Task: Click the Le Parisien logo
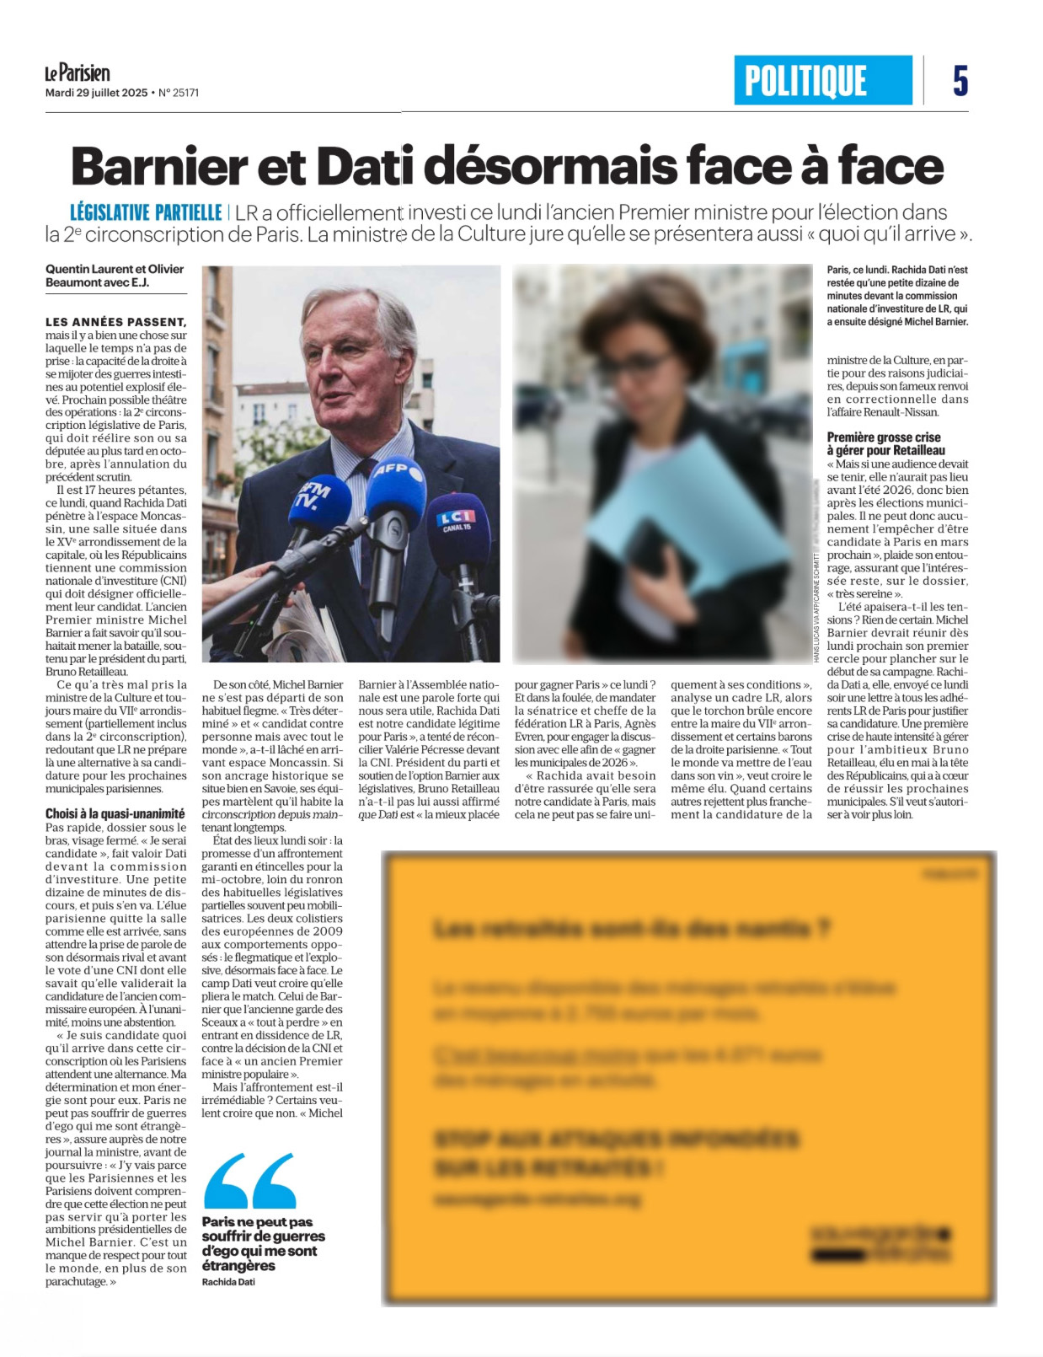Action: click(77, 73)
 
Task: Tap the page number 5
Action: click(960, 81)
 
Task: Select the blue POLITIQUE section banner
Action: click(822, 81)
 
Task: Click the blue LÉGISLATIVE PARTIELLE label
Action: click(145, 212)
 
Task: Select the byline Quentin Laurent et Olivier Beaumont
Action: click(115, 276)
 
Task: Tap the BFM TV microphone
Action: click(317, 501)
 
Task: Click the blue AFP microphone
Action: click(396, 489)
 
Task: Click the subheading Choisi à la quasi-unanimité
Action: click(115, 813)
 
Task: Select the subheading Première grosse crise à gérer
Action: click(885, 443)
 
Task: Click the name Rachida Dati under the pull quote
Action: click(227, 1281)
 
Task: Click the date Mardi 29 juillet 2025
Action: click(96, 93)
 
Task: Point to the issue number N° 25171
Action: click(179, 93)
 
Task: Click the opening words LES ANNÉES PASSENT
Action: click(115, 322)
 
